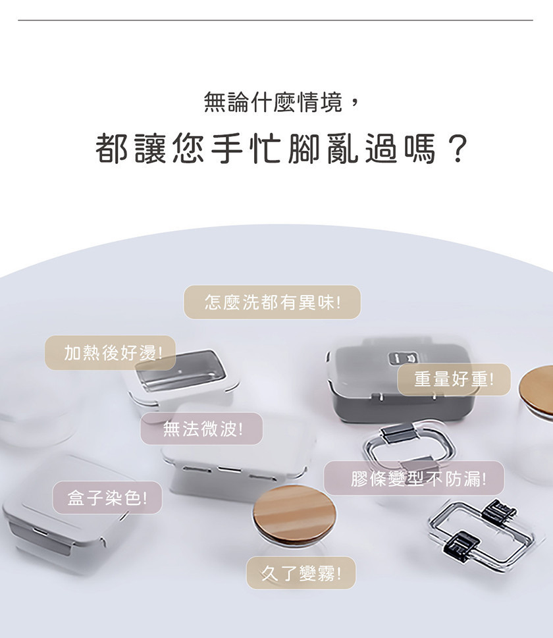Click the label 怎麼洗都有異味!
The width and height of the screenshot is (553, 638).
tap(273, 302)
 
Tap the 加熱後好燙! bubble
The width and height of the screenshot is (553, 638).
tap(111, 353)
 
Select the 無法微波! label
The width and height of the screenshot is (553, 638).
tap(201, 429)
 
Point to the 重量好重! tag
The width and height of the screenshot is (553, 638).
tap(454, 379)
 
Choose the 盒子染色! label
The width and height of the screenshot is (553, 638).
tap(107, 498)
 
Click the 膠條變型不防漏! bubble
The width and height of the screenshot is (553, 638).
tap(414, 478)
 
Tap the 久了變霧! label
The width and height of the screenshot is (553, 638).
tap(301, 573)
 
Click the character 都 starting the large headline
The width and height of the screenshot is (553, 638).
tap(111, 149)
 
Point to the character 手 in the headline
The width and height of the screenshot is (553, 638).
tap(227, 149)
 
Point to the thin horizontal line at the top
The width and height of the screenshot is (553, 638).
tap(275, 20)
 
